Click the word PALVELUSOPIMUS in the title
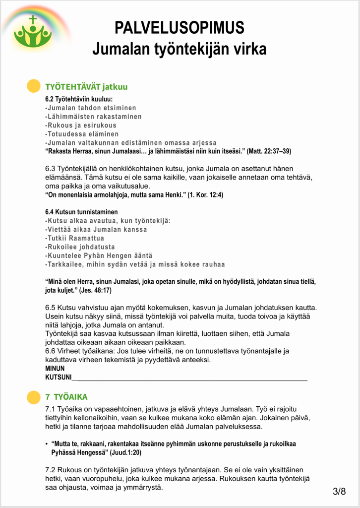tap(180, 27)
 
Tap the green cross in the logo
tap(33, 20)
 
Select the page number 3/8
tap(340, 491)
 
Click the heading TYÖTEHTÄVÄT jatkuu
tap(86, 87)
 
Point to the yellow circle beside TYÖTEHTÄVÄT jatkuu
tap(33, 86)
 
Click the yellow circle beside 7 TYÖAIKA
tap(33, 397)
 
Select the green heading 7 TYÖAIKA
tap(66, 397)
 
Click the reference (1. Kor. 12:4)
tap(205, 195)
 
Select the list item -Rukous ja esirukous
tap(81, 125)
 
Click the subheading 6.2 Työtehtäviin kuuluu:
tap(79, 99)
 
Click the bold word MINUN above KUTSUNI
tap(55, 369)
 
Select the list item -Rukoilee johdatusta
tap(80, 247)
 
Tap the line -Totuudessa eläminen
tap(82, 134)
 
